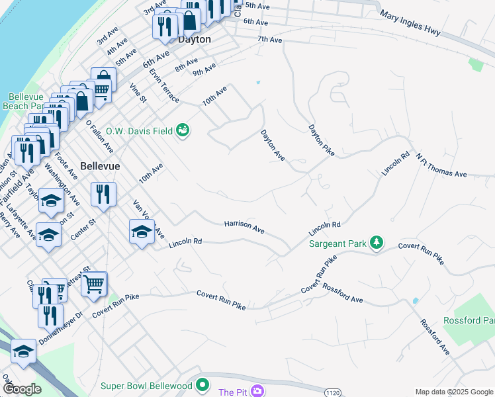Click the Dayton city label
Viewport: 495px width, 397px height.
pos(195,40)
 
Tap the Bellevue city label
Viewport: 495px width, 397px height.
pos(100,166)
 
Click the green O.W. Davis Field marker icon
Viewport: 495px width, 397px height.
pos(183,130)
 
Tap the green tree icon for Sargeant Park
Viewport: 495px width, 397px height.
pos(377,243)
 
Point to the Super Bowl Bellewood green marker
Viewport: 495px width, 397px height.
pos(202,385)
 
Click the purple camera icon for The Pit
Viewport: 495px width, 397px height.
pos(256,391)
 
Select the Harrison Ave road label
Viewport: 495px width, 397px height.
pos(244,228)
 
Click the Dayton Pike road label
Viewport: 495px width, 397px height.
pos(322,140)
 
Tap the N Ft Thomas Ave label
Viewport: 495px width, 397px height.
pos(441,166)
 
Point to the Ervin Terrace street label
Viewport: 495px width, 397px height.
pos(164,85)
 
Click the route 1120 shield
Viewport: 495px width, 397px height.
pos(333,392)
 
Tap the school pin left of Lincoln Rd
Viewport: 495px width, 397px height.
pos(141,232)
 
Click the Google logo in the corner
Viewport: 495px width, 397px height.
pos(22,389)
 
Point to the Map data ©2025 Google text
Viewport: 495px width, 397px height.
pos(453,392)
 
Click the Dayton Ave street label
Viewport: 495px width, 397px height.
pos(273,145)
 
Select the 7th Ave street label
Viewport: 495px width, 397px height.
pos(270,40)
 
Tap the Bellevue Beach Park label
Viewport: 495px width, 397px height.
pos(25,101)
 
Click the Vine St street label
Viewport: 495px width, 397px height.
pos(138,93)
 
